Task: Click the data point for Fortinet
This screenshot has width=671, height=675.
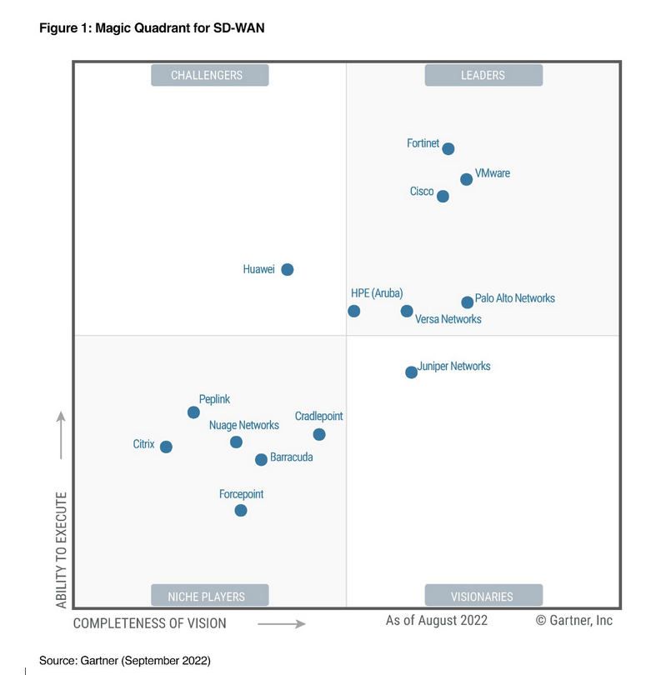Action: tap(448, 149)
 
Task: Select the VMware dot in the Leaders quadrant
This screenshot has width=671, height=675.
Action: tap(467, 179)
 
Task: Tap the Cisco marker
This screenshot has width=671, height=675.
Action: tap(443, 197)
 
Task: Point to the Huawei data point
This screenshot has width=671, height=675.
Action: tap(288, 269)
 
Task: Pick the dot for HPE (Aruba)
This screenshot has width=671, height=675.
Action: tap(354, 311)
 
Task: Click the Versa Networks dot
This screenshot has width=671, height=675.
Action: tap(407, 311)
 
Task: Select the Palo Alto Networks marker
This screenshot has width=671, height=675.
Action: tap(468, 302)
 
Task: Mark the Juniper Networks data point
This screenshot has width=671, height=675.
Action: tap(411, 372)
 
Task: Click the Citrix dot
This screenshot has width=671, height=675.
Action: tap(166, 447)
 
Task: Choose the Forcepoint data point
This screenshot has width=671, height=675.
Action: tap(241, 510)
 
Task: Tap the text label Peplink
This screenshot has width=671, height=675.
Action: tap(214, 399)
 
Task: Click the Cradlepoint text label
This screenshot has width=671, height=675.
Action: tap(318, 416)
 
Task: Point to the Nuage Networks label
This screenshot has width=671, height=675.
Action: tap(244, 425)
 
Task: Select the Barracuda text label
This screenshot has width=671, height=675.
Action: tap(292, 457)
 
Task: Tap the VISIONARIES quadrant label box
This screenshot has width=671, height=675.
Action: tap(483, 596)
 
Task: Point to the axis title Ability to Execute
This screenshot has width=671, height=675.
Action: tap(62, 549)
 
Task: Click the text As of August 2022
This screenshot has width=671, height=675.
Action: tap(437, 621)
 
